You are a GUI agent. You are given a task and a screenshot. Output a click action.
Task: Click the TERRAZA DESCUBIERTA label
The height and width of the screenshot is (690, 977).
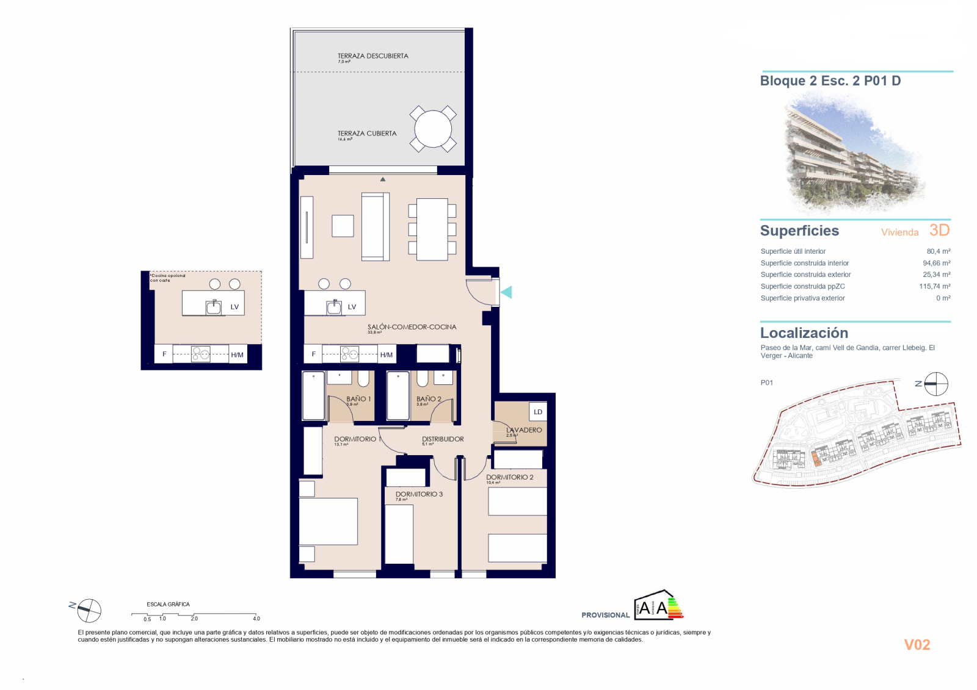click(x=372, y=56)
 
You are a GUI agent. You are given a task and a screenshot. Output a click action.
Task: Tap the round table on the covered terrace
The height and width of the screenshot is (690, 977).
click(x=432, y=129)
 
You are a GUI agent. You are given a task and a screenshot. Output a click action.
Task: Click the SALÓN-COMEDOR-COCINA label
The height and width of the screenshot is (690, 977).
click(x=412, y=327)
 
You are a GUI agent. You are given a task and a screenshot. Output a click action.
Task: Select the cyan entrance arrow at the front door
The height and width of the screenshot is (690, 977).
click(x=506, y=292)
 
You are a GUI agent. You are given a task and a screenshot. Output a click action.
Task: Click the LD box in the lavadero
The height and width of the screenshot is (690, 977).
click(x=538, y=412)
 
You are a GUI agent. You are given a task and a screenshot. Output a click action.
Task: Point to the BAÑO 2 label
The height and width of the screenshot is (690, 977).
click(x=429, y=399)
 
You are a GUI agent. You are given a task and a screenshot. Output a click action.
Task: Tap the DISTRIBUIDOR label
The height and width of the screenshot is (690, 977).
click(x=443, y=439)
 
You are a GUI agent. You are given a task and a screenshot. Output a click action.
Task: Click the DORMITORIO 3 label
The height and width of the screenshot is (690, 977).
click(x=419, y=494)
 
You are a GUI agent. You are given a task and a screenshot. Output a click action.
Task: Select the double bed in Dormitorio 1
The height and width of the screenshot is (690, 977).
click(x=328, y=521)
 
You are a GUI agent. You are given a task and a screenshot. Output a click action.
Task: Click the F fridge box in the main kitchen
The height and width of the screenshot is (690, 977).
click(x=313, y=354)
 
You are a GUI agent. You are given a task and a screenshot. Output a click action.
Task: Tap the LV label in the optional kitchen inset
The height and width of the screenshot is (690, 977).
click(x=234, y=307)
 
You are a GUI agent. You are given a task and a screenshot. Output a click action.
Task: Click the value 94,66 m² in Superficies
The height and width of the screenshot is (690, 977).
click(x=935, y=263)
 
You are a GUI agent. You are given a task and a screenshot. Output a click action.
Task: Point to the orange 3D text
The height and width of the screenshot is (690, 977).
click(x=939, y=230)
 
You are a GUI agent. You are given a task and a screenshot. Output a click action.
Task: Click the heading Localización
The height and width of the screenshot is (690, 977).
click(x=804, y=333)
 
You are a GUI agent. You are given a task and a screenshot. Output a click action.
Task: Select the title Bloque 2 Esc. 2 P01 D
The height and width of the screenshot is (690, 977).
click(x=830, y=81)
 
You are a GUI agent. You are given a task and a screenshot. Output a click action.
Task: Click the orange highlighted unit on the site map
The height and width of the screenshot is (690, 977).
click(x=817, y=459)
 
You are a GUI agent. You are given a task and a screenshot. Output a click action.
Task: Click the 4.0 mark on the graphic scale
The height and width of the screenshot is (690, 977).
click(x=256, y=618)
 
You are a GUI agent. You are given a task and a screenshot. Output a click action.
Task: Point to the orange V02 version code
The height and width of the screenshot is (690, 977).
click(x=917, y=645)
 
